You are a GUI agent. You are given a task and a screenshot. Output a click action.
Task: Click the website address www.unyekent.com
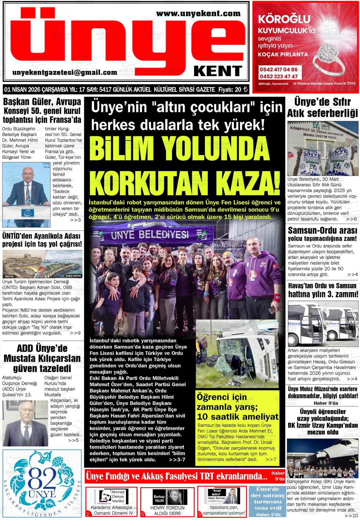tap(198, 13)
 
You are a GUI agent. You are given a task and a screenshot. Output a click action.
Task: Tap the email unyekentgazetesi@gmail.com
tap(65, 73)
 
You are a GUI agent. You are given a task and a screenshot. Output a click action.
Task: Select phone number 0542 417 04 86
tap(278, 69)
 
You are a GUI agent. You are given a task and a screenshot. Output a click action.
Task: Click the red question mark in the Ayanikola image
tap(42, 270)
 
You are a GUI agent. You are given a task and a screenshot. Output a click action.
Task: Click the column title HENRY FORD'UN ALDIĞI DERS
tap(167, 511)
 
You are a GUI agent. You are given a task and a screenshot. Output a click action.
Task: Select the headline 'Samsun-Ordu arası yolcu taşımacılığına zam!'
tap(322, 234)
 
